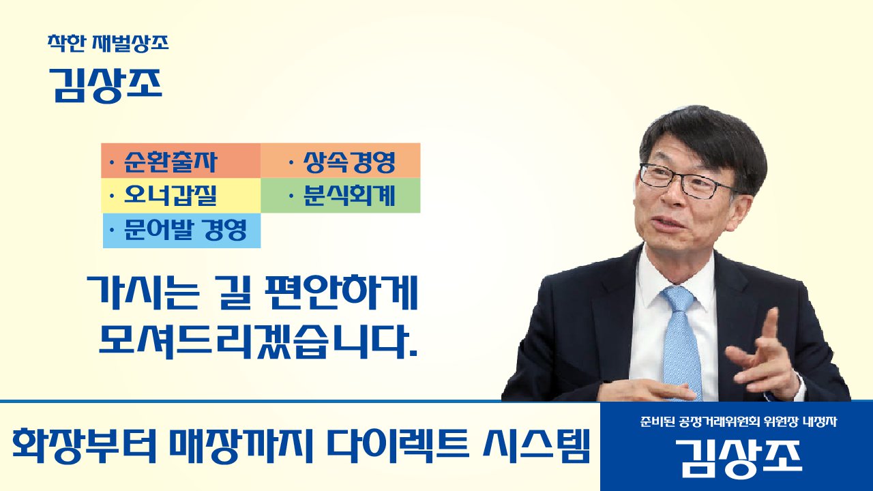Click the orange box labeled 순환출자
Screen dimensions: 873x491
coord(181,160)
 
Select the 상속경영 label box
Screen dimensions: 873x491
coord(340,160)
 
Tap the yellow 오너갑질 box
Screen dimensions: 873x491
coord(181,195)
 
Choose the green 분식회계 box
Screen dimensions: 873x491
coord(340,195)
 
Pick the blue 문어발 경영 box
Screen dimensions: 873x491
coord(181,230)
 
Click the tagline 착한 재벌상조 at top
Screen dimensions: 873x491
coord(108,43)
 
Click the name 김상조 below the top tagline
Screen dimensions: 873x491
coord(105,85)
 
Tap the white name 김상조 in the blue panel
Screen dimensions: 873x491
coord(738,459)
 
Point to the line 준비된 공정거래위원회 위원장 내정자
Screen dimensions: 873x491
coord(738,421)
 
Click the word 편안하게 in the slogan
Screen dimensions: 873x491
coord(342,293)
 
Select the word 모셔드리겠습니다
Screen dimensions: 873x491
coord(258,342)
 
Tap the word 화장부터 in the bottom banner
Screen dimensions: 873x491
coord(84,445)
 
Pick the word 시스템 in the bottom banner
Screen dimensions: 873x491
coord(536,445)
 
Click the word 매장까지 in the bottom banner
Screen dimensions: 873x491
coord(241,445)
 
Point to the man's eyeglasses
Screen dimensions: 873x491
coord(688,182)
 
